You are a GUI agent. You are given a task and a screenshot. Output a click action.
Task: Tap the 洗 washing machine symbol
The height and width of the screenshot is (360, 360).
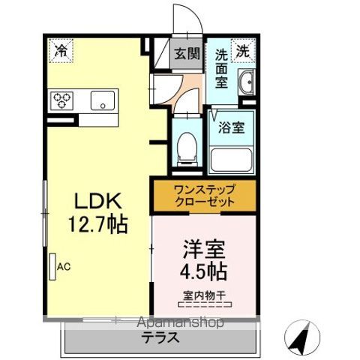click(x=243, y=51)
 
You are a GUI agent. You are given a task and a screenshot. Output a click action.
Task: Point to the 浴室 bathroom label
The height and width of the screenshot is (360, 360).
click(x=231, y=128)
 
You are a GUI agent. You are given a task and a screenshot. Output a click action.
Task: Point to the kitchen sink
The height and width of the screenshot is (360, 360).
click(x=102, y=100)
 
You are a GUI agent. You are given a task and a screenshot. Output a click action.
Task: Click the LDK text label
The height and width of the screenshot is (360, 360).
click(x=97, y=200)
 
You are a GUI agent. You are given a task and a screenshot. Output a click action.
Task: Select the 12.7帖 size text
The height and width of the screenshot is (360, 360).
click(x=97, y=224)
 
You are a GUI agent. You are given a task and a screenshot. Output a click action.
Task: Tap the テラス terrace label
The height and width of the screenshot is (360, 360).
click(x=161, y=338)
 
